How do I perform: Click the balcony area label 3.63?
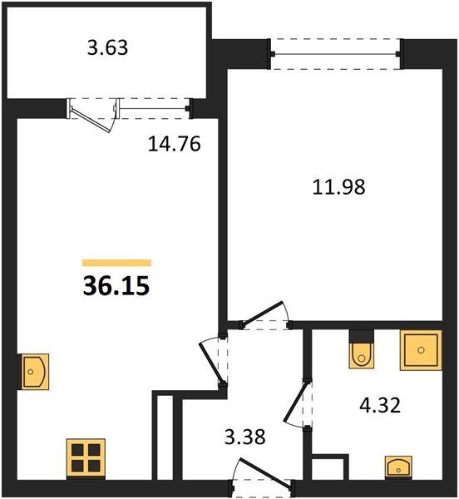click(x=107, y=47)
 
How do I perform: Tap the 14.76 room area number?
click(x=175, y=144)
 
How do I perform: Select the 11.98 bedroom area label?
click(x=338, y=187)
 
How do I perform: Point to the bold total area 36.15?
click(x=116, y=286)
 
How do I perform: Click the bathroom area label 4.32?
click(x=380, y=406)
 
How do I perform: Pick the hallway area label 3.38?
click(x=245, y=437)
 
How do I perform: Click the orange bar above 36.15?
click(x=116, y=263)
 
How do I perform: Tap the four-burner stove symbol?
click(x=86, y=458)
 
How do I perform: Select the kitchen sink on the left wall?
click(x=35, y=372)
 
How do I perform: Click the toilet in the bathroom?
click(x=362, y=355)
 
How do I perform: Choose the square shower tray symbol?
click(x=421, y=350)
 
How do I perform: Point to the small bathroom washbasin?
click(x=398, y=467)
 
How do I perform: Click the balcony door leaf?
click(x=91, y=119)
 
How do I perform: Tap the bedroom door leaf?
click(x=261, y=314)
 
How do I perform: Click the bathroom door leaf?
click(x=297, y=401)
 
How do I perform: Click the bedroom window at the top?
click(x=336, y=54)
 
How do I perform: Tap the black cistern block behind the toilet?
click(x=362, y=336)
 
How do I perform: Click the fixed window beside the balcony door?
click(x=154, y=109)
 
